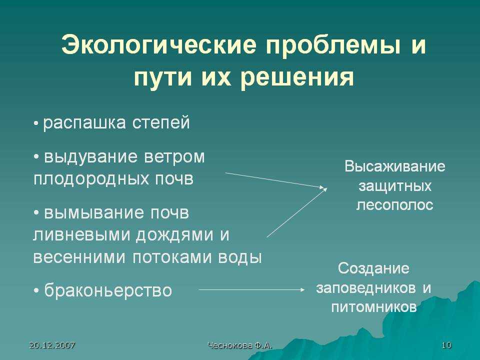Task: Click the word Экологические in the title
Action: [x=158, y=45]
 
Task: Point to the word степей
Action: [x=161, y=122]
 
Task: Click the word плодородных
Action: [x=91, y=179]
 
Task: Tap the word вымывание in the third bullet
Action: [x=94, y=213]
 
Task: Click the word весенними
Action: [x=79, y=257]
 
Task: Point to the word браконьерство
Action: [x=108, y=290]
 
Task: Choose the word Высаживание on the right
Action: [x=395, y=167]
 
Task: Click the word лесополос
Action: [x=395, y=205]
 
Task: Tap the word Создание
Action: [x=373, y=269]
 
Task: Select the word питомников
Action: [x=374, y=307]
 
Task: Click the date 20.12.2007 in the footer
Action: [x=52, y=345]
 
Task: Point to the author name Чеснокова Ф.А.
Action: [x=239, y=345]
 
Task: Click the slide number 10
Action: [x=446, y=345]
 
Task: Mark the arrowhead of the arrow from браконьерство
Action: [x=302, y=289]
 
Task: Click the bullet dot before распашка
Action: [x=36, y=124]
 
